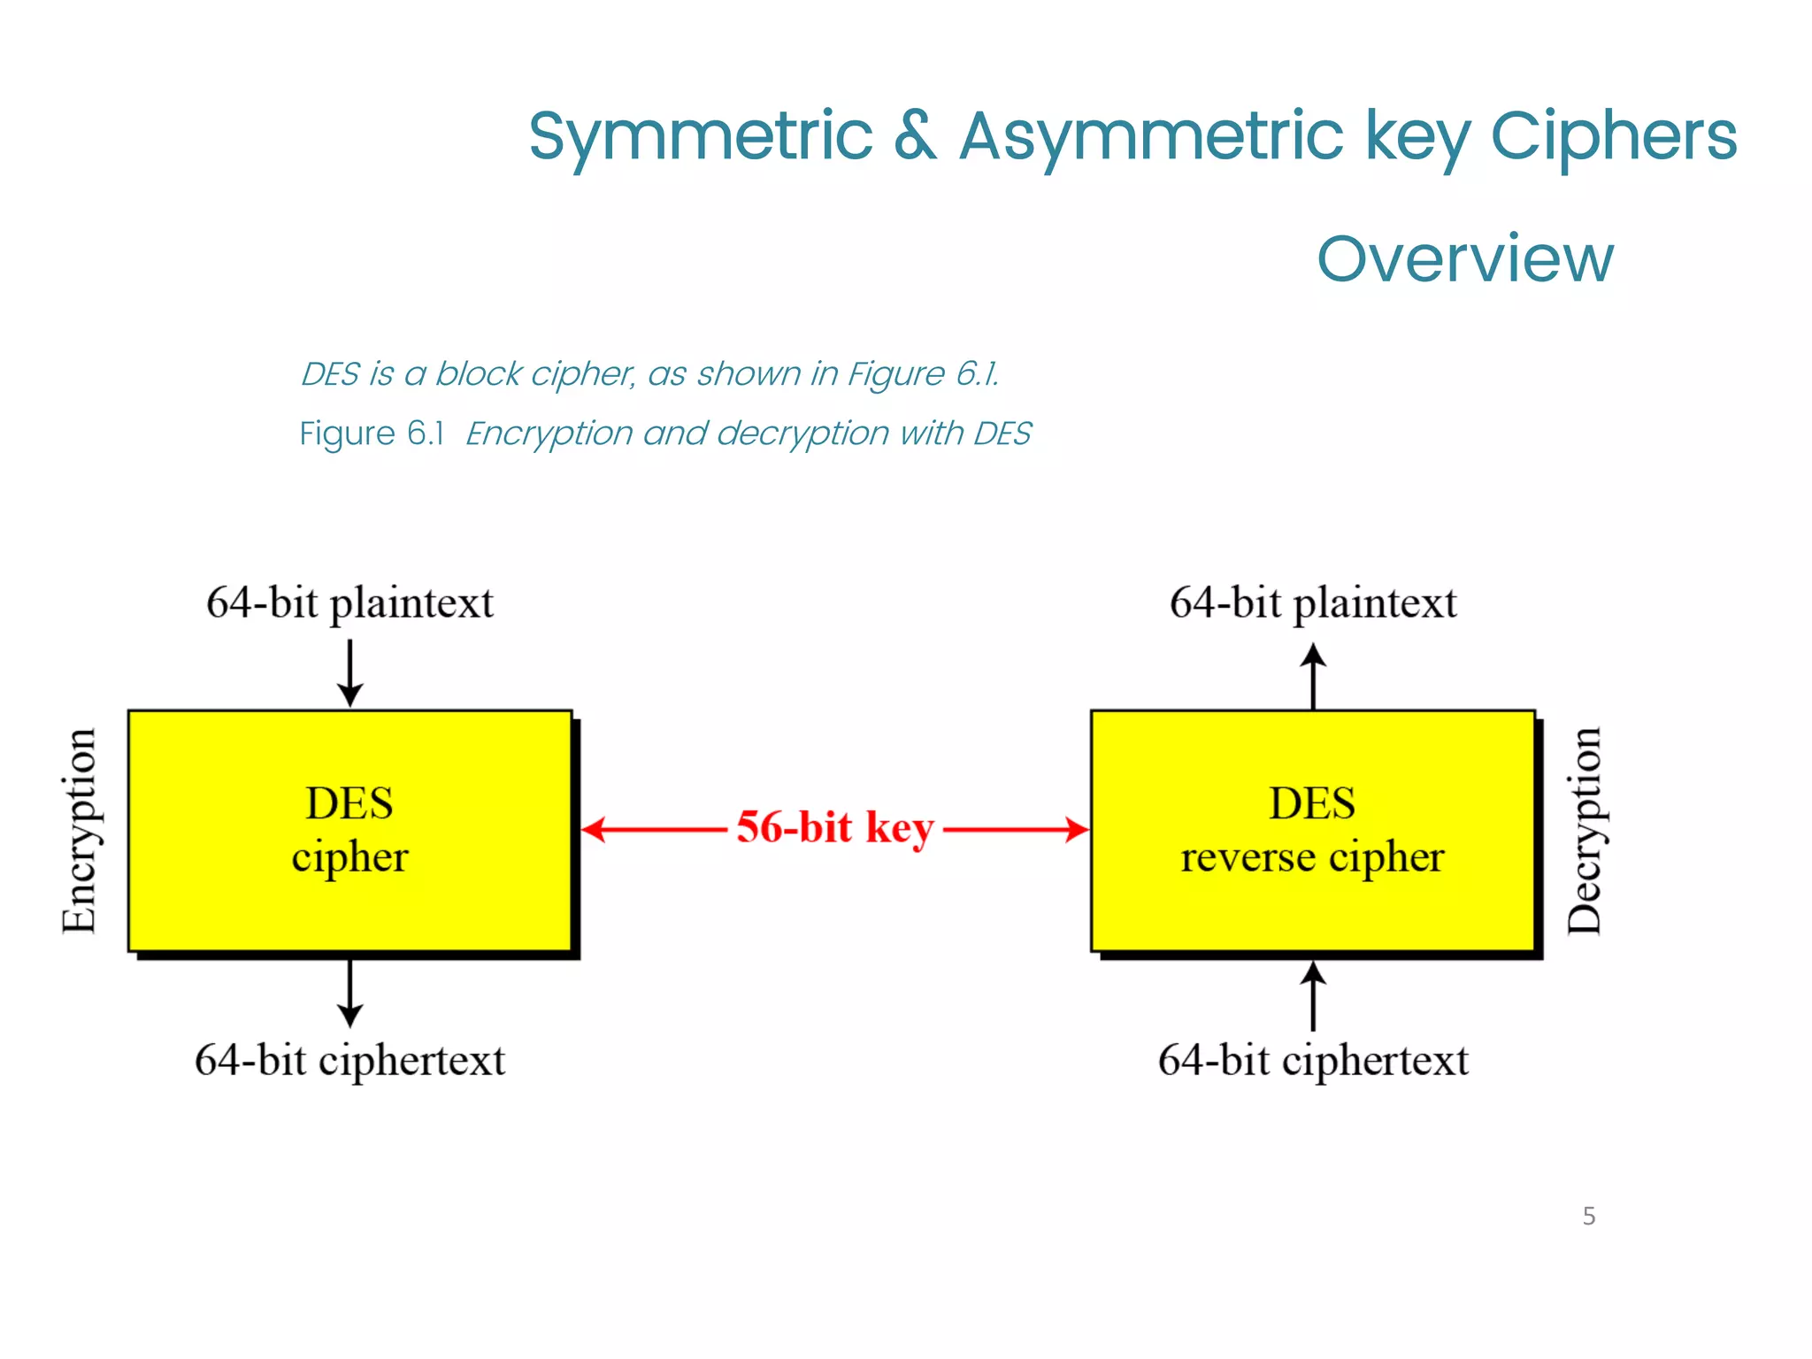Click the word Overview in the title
click(x=1464, y=258)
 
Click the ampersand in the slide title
click(x=915, y=136)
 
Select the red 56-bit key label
click(x=834, y=828)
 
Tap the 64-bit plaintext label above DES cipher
click(x=349, y=603)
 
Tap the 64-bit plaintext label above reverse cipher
click(x=1312, y=603)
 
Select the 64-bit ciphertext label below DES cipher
click(x=349, y=1060)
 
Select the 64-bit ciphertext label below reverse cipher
click(x=1312, y=1060)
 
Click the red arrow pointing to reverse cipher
click(x=1017, y=830)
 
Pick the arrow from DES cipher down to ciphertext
click(x=349, y=993)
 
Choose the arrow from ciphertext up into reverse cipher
click(x=1313, y=995)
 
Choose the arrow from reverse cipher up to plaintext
click(x=1313, y=677)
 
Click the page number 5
click(x=1589, y=1216)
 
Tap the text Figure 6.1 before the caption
click(x=371, y=434)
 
